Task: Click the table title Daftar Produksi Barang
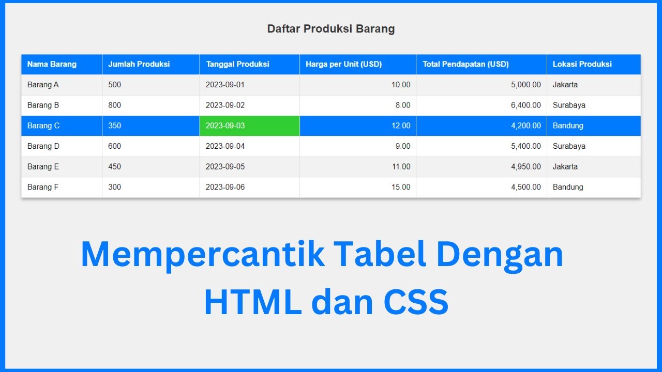point(330,29)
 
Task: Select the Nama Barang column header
point(52,65)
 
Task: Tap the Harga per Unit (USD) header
point(343,65)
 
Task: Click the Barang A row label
point(43,85)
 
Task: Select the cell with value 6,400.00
point(526,105)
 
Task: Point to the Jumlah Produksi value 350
point(114,126)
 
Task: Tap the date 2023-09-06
point(225,187)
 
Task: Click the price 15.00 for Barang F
point(401,187)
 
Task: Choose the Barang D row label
point(43,146)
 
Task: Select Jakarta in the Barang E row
point(565,167)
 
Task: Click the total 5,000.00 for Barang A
point(526,85)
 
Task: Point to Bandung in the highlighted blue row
point(568,126)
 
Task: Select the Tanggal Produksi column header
point(237,65)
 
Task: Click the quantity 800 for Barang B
point(114,105)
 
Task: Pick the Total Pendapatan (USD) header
point(465,65)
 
